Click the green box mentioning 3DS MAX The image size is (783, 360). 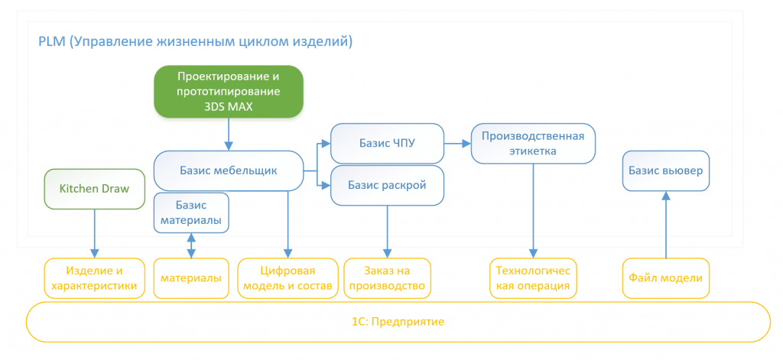tap(229, 92)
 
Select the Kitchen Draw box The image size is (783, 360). tap(94, 190)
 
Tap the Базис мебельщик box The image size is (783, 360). tap(229, 170)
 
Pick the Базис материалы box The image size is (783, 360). tap(191, 212)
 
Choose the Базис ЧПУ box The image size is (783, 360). tap(388, 143)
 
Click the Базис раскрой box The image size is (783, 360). tap(388, 185)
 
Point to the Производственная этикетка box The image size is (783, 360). tap(533, 143)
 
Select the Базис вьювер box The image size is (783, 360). tap(666, 170)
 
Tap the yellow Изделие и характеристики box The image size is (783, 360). tap(94, 278)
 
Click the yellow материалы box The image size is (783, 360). tap(191, 278)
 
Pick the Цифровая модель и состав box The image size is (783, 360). tap(288, 278)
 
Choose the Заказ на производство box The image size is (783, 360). tap(388, 278)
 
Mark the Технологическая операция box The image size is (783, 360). tap(533, 278)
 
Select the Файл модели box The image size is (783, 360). tap(666, 278)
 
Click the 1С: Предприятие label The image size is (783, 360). tap(398, 322)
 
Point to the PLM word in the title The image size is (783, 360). tap(51, 41)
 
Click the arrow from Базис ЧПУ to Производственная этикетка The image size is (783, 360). tap(458, 143)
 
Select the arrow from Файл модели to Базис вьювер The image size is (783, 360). tap(666, 224)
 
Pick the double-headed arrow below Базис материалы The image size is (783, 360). tap(191, 245)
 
